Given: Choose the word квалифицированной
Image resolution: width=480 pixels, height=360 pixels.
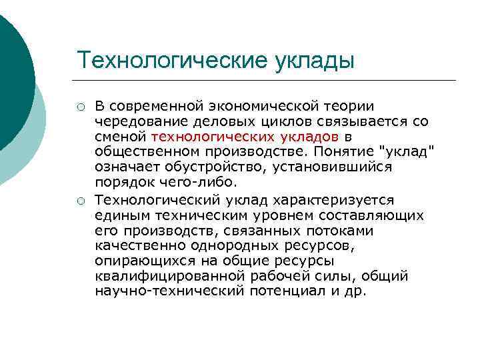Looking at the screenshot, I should pyautogui.click(x=165, y=276).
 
